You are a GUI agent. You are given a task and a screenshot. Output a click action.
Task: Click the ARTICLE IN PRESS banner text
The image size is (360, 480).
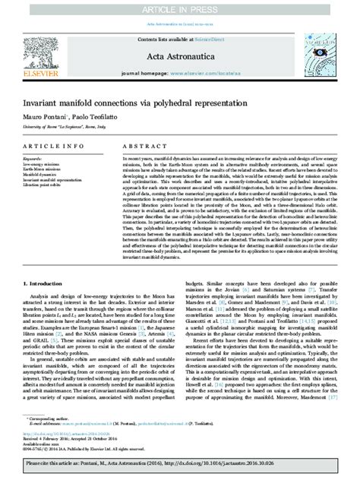[x=180, y=6]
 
